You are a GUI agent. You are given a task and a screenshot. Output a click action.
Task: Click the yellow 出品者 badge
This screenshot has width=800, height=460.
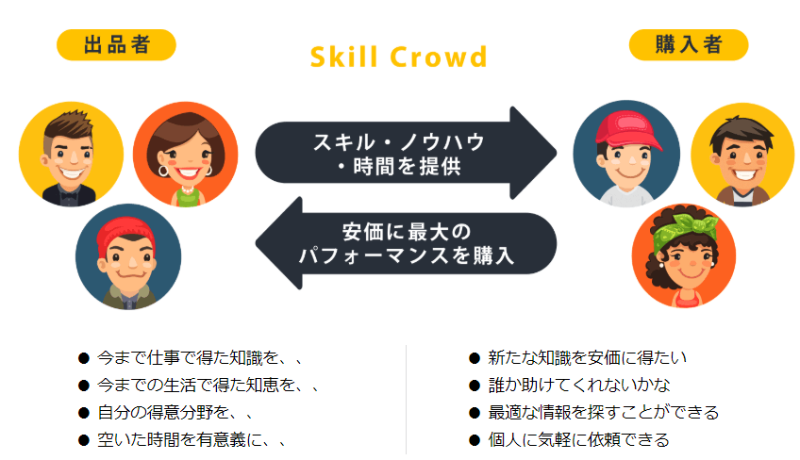coord(116,45)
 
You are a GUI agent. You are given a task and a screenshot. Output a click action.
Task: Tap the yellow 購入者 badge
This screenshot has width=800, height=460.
coord(689,45)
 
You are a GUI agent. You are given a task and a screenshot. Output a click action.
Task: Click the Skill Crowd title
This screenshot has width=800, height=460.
coord(398,57)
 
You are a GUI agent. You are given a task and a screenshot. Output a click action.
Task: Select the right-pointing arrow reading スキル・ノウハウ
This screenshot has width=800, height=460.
coord(406,153)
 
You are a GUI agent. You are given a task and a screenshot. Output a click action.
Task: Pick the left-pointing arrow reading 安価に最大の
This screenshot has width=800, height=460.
coord(406,243)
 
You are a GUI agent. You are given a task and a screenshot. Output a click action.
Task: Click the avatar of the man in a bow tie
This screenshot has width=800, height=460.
coord(71,154)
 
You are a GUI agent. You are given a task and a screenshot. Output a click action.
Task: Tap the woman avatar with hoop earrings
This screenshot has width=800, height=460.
coord(186,154)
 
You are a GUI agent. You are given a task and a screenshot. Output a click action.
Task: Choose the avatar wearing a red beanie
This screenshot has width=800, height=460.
coord(128,256)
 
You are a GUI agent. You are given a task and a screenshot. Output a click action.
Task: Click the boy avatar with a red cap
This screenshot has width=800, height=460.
coord(626,154)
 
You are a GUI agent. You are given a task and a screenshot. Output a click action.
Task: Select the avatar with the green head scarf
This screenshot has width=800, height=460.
coord(684,255)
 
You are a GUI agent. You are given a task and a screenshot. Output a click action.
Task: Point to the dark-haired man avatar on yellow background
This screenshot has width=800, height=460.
coord(742,155)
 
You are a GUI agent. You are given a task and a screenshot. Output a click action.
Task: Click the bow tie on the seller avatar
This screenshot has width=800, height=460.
coord(68,195)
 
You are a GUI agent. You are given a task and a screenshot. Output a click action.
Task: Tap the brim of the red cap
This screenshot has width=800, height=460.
coord(648,144)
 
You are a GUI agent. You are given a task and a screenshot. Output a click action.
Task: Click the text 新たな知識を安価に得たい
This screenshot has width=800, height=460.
coord(587,357)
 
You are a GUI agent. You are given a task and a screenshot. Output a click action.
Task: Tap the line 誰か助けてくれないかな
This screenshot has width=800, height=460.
coord(579,385)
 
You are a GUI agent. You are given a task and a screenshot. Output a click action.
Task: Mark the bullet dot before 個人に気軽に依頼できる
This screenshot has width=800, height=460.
coord(475,440)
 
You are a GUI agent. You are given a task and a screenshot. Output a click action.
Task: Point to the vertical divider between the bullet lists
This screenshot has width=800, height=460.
coord(406,400)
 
